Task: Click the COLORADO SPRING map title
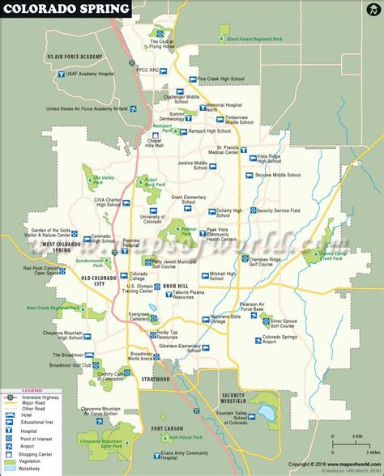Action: tap(66, 8)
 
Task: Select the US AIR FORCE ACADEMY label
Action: tap(75, 56)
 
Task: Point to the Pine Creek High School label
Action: tap(222, 79)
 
